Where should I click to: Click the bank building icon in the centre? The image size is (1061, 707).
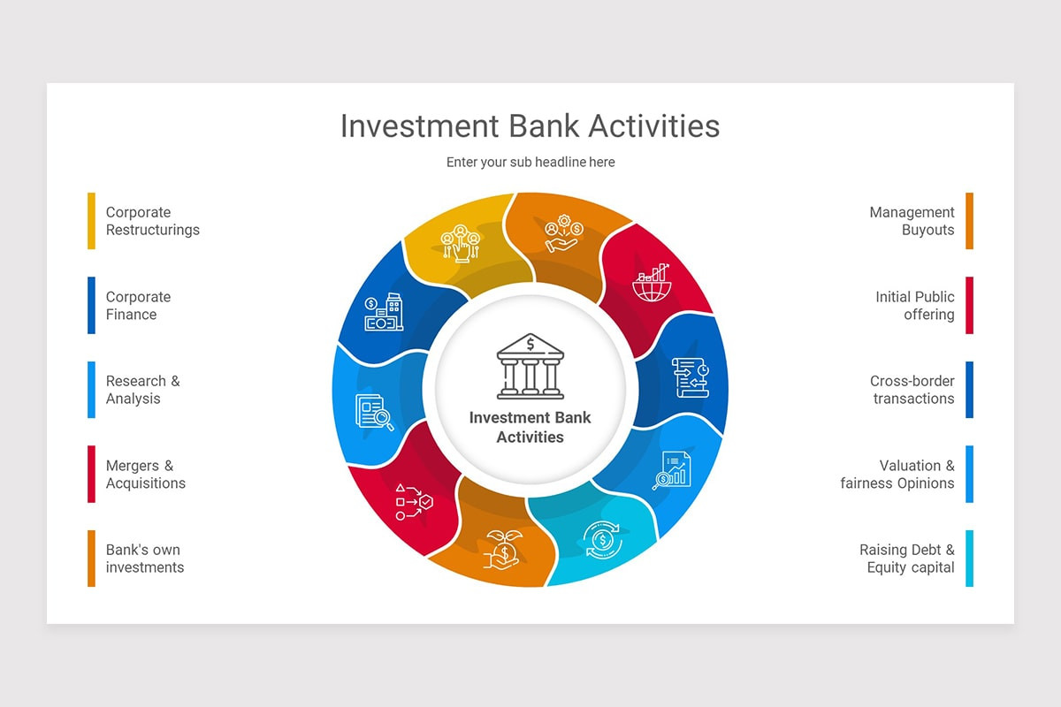tap(530, 366)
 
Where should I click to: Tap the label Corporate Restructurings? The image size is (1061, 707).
tap(152, 221)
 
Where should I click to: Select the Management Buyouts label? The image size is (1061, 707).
tap(912, 221)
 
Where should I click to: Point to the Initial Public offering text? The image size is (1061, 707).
tap(914, 306)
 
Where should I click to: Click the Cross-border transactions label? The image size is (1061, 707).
tap(912, 390)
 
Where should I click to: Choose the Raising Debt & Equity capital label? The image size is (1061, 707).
tap(906, 559)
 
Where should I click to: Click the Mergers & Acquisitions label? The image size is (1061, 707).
tap(145, 474)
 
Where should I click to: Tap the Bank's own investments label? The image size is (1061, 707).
tap(144, 559)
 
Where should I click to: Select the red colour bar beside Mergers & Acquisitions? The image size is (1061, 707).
tap(91, 474)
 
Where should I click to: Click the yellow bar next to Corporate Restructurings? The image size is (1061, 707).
tap(91, 221)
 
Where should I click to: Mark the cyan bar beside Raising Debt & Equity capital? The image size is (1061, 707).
tap(970, 559)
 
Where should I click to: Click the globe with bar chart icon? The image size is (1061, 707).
tap(652, 283)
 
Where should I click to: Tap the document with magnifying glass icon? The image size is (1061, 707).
tap(374, 412)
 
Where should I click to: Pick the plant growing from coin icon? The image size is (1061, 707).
tap(503, 550)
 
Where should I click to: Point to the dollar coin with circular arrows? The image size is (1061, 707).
tap(602, 540)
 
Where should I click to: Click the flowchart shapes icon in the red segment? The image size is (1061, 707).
tap(414, 502)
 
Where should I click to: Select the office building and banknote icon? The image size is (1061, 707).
tap(384, 312)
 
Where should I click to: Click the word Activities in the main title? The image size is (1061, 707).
tap(654, 126)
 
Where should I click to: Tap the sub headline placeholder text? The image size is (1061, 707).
tap(530, 162)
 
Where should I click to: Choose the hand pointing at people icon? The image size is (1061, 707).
tap(461, 243)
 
